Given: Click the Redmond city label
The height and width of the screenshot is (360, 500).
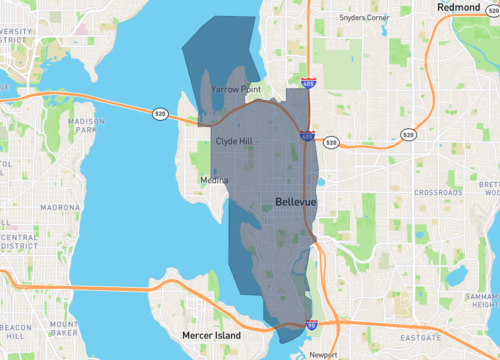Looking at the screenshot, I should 461,8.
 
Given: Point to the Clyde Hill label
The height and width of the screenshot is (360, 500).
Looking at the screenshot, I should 235,142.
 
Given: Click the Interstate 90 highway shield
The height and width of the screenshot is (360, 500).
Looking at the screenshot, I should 312,325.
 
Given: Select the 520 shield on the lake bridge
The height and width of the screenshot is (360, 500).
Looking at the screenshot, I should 161,116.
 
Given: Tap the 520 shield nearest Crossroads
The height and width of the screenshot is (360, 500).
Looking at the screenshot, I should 408,134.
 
